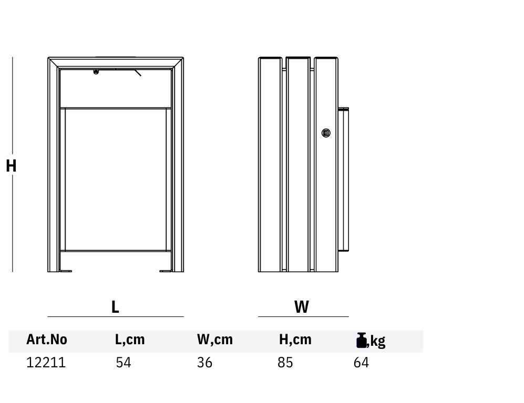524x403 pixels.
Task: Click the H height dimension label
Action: click(x=11, y=166)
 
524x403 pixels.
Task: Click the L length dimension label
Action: click(x=115, y=306)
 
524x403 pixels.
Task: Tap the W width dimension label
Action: click(x=302, y=306)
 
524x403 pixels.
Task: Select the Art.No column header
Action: click(x=47, y=340)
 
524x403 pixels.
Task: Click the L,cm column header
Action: click(x=130, y=340)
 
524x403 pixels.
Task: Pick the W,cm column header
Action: click(x=215, y=340)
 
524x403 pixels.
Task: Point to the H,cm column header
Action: click(x=295, y=340)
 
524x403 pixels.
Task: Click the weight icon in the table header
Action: click(x=362, y=340)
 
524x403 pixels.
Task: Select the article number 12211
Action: click(x=46, y=363)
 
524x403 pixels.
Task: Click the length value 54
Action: click(x=124, y=363)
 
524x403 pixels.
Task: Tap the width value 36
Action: click(x=204, y=363)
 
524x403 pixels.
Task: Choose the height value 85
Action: click(x=285, y=363)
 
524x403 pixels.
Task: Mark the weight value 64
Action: click(x=361, y=363)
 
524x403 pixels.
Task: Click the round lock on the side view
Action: click(x=326, y=133)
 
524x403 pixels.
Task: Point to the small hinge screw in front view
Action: click(x=96, y=72)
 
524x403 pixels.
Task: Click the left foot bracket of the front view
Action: click(x=66, y=271)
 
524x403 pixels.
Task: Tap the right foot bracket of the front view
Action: click(x=166, y=271)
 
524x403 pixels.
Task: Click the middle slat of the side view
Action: click(x=298, y=164)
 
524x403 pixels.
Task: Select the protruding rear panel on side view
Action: click(x=344, y=179)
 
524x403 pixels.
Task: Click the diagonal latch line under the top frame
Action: click(x=138, y=73)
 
